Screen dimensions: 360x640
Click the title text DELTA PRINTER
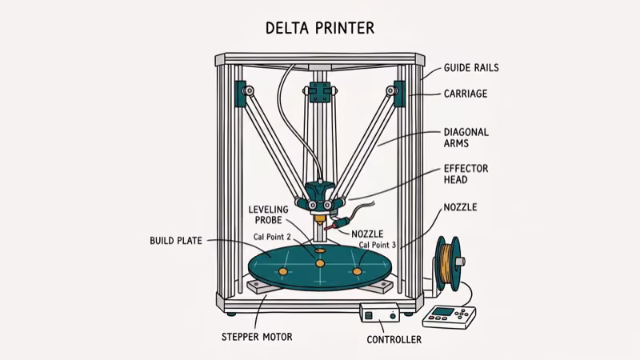tap(319, 29)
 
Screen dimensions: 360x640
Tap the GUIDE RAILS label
tap(471, 69)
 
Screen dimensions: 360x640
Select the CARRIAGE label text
tap(465, 94)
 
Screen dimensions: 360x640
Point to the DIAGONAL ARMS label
tap(466, 138)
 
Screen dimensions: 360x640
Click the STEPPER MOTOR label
tap(256, 337)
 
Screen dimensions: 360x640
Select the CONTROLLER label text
tap(394, 340)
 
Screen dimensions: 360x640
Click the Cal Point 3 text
tap(378, 245)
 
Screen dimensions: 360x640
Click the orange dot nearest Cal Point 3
tap(358, 272)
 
